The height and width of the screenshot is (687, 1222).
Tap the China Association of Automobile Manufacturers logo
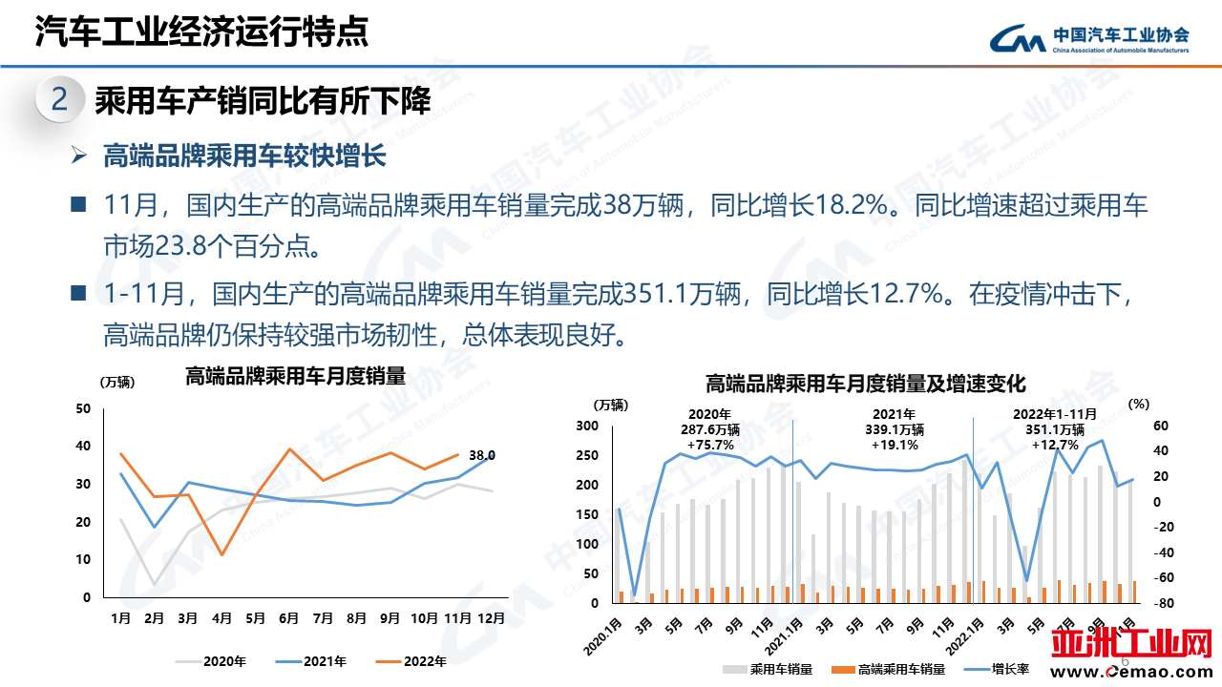[1088, 38]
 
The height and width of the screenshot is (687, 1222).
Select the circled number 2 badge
[59, 100]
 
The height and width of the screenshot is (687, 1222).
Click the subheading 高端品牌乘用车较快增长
[243, 156]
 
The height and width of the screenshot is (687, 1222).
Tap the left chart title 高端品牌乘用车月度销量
[295, 376]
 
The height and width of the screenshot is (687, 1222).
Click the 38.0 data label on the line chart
[482, 455]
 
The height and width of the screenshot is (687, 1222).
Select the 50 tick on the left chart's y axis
[82, 408]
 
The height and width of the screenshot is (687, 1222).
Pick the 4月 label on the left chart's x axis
[221, 618]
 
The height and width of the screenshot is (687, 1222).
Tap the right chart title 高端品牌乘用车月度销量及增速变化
[865, 385]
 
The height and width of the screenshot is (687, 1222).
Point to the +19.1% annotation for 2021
[894, 445]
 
